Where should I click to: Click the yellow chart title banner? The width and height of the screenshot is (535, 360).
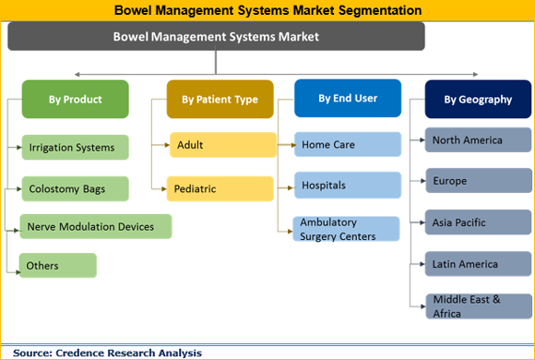click(x=267, y=10)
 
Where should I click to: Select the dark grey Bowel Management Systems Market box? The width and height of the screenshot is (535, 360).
click(x=216, y=37)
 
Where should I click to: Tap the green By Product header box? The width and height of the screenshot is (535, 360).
click(x=76, y=100)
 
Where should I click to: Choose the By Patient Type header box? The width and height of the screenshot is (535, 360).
click(x=220, y=100)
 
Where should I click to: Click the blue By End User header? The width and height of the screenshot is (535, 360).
click(x=347, y=98)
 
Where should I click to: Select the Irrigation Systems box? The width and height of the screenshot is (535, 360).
click(x=75, y=147)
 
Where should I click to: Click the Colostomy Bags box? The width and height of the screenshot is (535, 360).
click(x=75, y=189)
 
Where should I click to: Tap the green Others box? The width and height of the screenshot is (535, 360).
click(x=58, y=266)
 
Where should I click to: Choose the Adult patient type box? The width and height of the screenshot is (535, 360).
click(x=221, y=145)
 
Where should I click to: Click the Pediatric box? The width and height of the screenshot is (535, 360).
click(x=221, y=188)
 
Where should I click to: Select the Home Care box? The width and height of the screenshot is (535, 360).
click(x=348, y=144)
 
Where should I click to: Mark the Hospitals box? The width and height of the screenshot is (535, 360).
click(x=348, y=185)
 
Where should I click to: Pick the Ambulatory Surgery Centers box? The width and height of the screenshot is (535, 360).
click(x=348, y=229)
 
